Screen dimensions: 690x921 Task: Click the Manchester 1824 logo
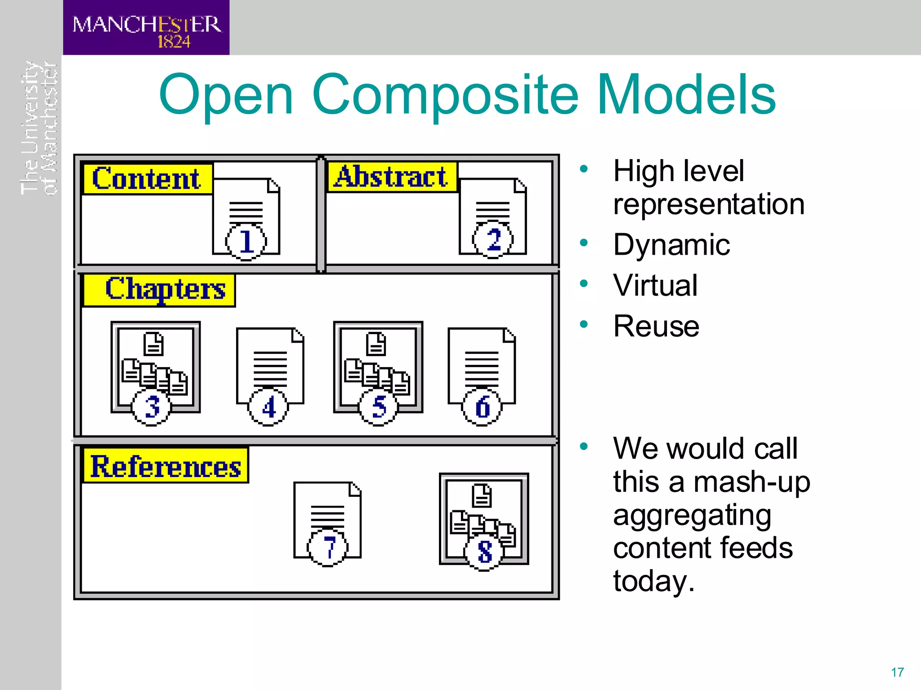tap(146, 28)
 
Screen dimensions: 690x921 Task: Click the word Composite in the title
tap(445, 95)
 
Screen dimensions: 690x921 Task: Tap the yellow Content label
tap(147, 179)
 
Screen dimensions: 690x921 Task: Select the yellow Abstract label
tap(391, 177)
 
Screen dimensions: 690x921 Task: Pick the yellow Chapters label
tap(160, 290)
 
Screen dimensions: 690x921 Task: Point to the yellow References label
tap(165, 466)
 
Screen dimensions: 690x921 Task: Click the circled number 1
tap(246, 241)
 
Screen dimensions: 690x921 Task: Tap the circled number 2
tap(493, 239)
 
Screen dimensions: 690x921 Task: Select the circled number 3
tap(152, 407)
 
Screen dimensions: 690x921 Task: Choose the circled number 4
tap(268, 407)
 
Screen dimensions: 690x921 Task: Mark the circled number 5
tap(379, 407)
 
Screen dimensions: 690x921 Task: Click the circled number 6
tap(482, 407)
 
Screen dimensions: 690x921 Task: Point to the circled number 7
tap(327, 548)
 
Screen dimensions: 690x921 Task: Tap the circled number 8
tap(484, 552)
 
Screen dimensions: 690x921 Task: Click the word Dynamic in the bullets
tap(671, 245)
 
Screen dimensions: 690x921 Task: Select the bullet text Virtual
tap(655, 286)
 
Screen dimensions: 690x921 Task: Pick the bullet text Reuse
tap(656, 326)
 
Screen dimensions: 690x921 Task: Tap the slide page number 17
tap(897, 672)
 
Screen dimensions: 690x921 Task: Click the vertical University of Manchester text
tap(40, 128)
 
